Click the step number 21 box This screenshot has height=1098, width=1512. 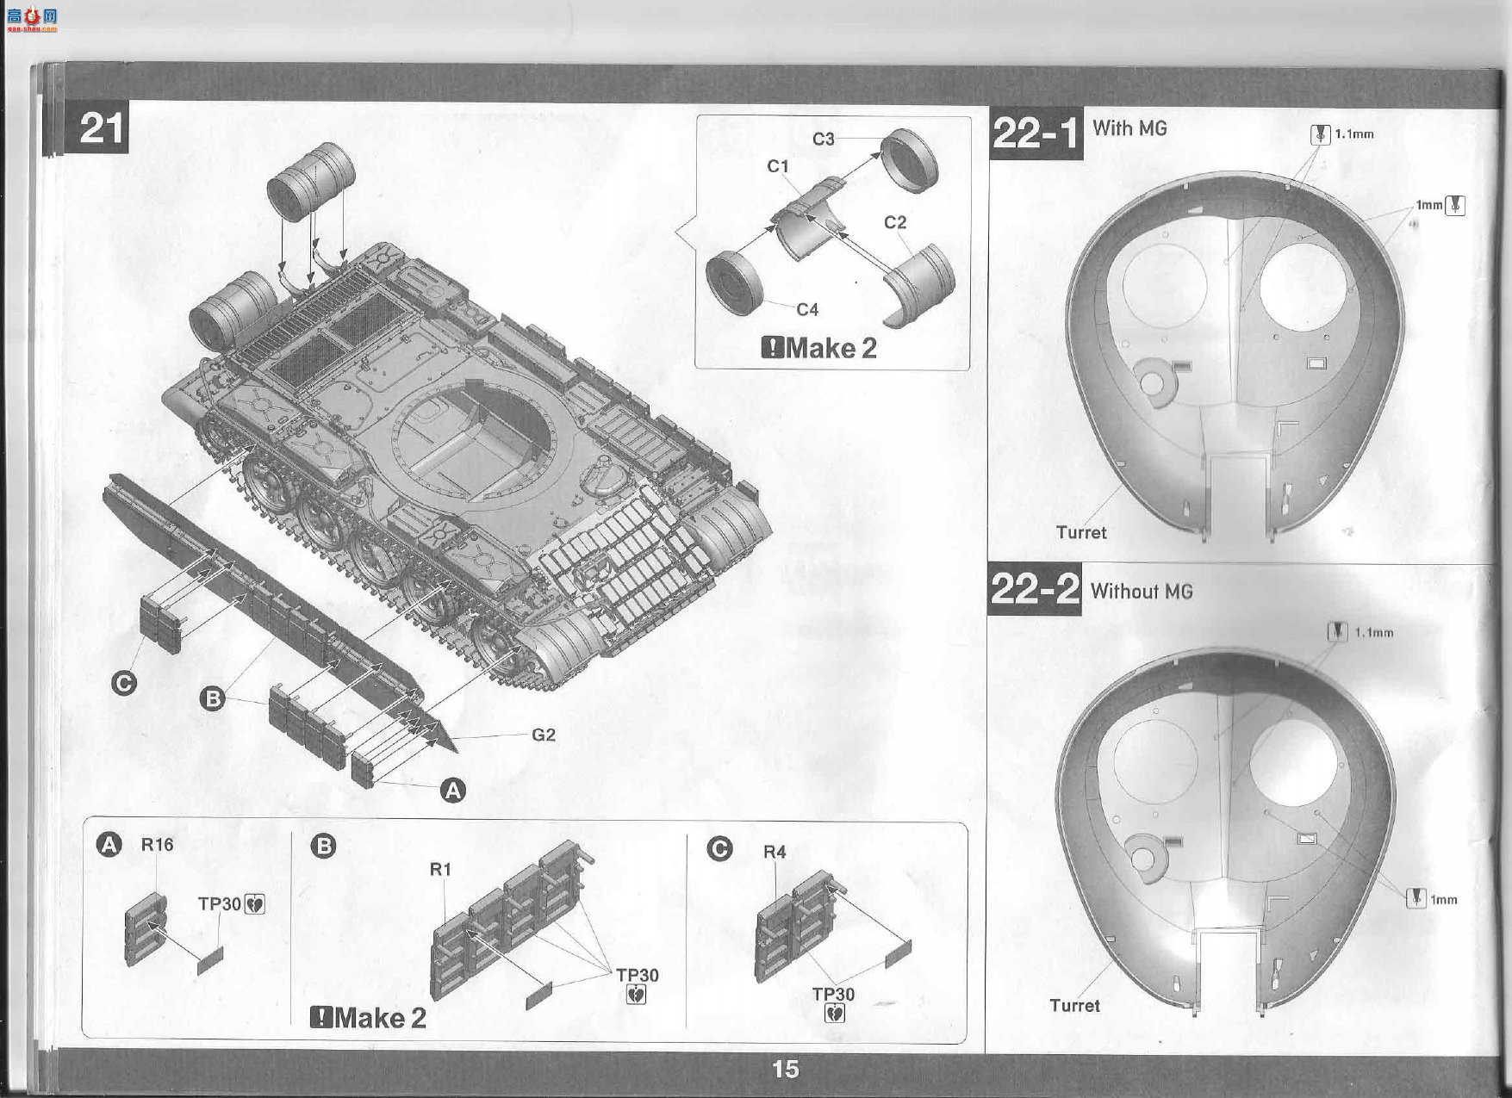tap(98, 128)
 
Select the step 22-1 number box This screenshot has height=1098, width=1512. tap(1036, 134)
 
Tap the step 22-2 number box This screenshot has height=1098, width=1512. tap(1034, 591)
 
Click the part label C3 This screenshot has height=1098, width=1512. tap(824, 139)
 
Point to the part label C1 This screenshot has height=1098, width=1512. tap(778, 166)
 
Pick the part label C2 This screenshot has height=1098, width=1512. tap(895, 222)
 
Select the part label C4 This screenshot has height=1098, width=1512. tap(806, 309)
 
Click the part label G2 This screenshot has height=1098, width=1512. tap(543, 735)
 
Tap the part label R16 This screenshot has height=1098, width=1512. tap(157, 845)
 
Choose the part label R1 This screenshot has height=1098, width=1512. tap(440, 870)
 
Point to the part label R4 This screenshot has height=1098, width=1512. tap(775, 852)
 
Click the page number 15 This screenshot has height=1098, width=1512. tap(785, 1069)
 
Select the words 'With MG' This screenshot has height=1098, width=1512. tap(1129, 128)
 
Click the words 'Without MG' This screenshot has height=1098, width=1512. tap(1142, 592)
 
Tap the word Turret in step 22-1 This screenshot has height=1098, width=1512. tap(1081, 532)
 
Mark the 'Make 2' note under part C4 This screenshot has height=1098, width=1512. tap(819, 348)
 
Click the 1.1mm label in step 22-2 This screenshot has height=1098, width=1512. tap(1373, 632)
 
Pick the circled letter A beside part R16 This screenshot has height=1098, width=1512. tap(109, 846)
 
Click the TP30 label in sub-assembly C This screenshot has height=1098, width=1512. tap(833, 994)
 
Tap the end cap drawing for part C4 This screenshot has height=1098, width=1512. tap(734, 282)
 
